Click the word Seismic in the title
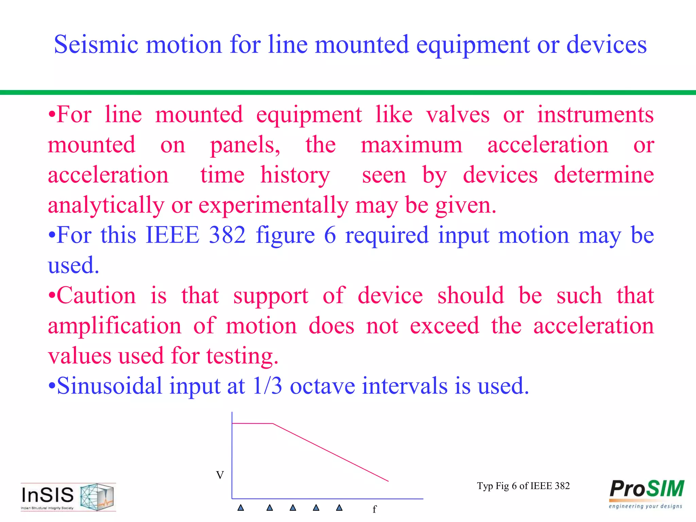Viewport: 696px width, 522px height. point(96,45)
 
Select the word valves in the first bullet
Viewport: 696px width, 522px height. point(457,115)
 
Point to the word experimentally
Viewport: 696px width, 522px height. point(273,205)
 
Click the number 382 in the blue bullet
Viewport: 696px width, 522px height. point(227,235)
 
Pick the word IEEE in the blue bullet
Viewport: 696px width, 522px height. point(172,235)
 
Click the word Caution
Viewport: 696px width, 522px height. point(96,296)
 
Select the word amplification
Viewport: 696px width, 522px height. point(115,326)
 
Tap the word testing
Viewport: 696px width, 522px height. point(242,356)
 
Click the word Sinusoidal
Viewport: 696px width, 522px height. point(109,386)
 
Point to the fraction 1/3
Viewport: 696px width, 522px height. point(267,386)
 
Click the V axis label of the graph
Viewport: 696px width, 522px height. point(220,475)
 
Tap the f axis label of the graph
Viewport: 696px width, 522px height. point(375,509)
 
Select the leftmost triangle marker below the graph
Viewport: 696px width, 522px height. point(241,508)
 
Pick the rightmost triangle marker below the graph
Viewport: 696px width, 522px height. point(339,508)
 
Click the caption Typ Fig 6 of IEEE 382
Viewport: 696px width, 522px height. point(523,486)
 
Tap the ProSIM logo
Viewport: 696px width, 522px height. point(646,493)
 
